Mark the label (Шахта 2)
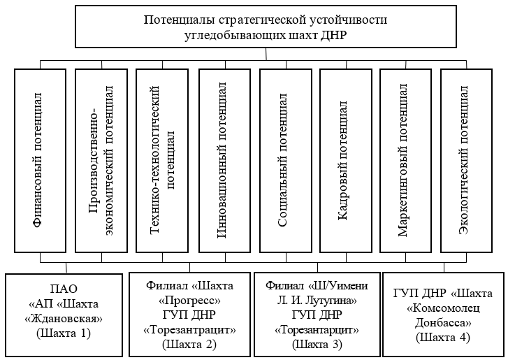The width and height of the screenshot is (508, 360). [189, 343]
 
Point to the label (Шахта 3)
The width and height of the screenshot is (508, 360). [317, 343]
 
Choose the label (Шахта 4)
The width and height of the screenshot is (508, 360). [444, 338]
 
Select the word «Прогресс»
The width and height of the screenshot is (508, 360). [190, 300]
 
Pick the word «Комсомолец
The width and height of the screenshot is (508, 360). [444, 308]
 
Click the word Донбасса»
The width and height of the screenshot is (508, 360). [444, 323]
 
